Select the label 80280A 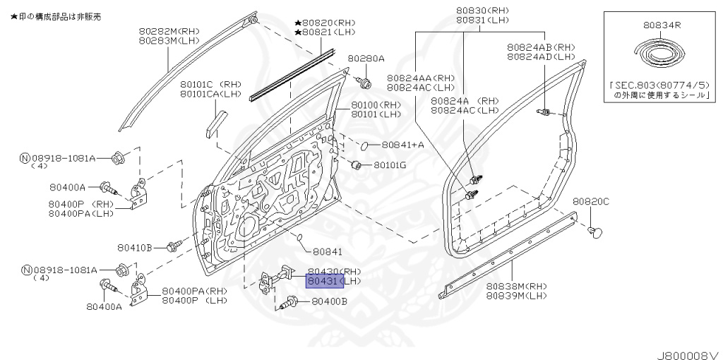[x=366, y=59]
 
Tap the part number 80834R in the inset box [x=662, y=24]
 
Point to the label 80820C [x=590, y=201]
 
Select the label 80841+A [x=402, y=145]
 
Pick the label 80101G [x=390, y=165]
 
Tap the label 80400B [x=329, y=301]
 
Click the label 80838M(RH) [x=516, y=286]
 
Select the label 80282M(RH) [x=170, y=32]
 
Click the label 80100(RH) [x=376, y=104]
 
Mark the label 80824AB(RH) [x=540, y=47]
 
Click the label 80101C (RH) [x=210, y=83]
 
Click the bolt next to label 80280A [x=365, y=83]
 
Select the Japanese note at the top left [x=56, y=16]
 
